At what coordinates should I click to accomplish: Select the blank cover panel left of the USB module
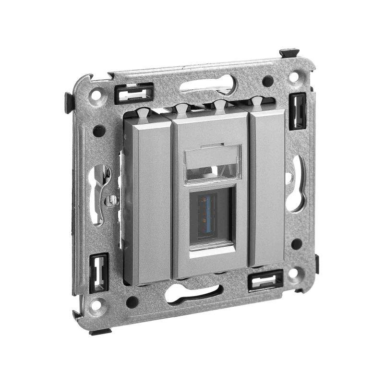(147, 197)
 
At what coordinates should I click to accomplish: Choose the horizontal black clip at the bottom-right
(265, 279)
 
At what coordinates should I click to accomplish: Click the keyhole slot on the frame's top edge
(209, 86)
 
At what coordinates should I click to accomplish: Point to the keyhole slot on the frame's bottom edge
(194, 293)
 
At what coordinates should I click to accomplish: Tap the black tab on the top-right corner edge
(289, 52)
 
